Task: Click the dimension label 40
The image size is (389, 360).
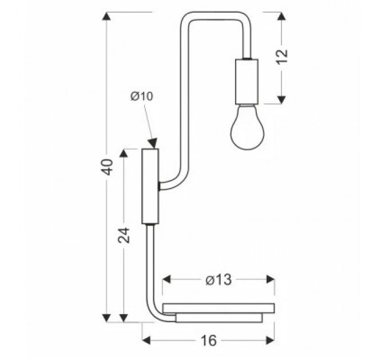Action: click(107, 167)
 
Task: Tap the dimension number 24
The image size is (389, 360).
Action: click(124, 235)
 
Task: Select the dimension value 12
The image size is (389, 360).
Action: click(282, 57)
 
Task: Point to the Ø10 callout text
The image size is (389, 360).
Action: click(142, 97)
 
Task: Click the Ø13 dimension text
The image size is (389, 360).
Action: click(219, 280)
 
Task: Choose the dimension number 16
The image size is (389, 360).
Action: click(209, 340)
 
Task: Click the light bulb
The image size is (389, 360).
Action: click(247, 127)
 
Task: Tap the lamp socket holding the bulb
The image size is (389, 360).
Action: click(247, 82)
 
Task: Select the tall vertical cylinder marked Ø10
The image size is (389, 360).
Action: click(150, 186)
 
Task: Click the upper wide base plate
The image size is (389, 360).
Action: click(219, 308)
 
